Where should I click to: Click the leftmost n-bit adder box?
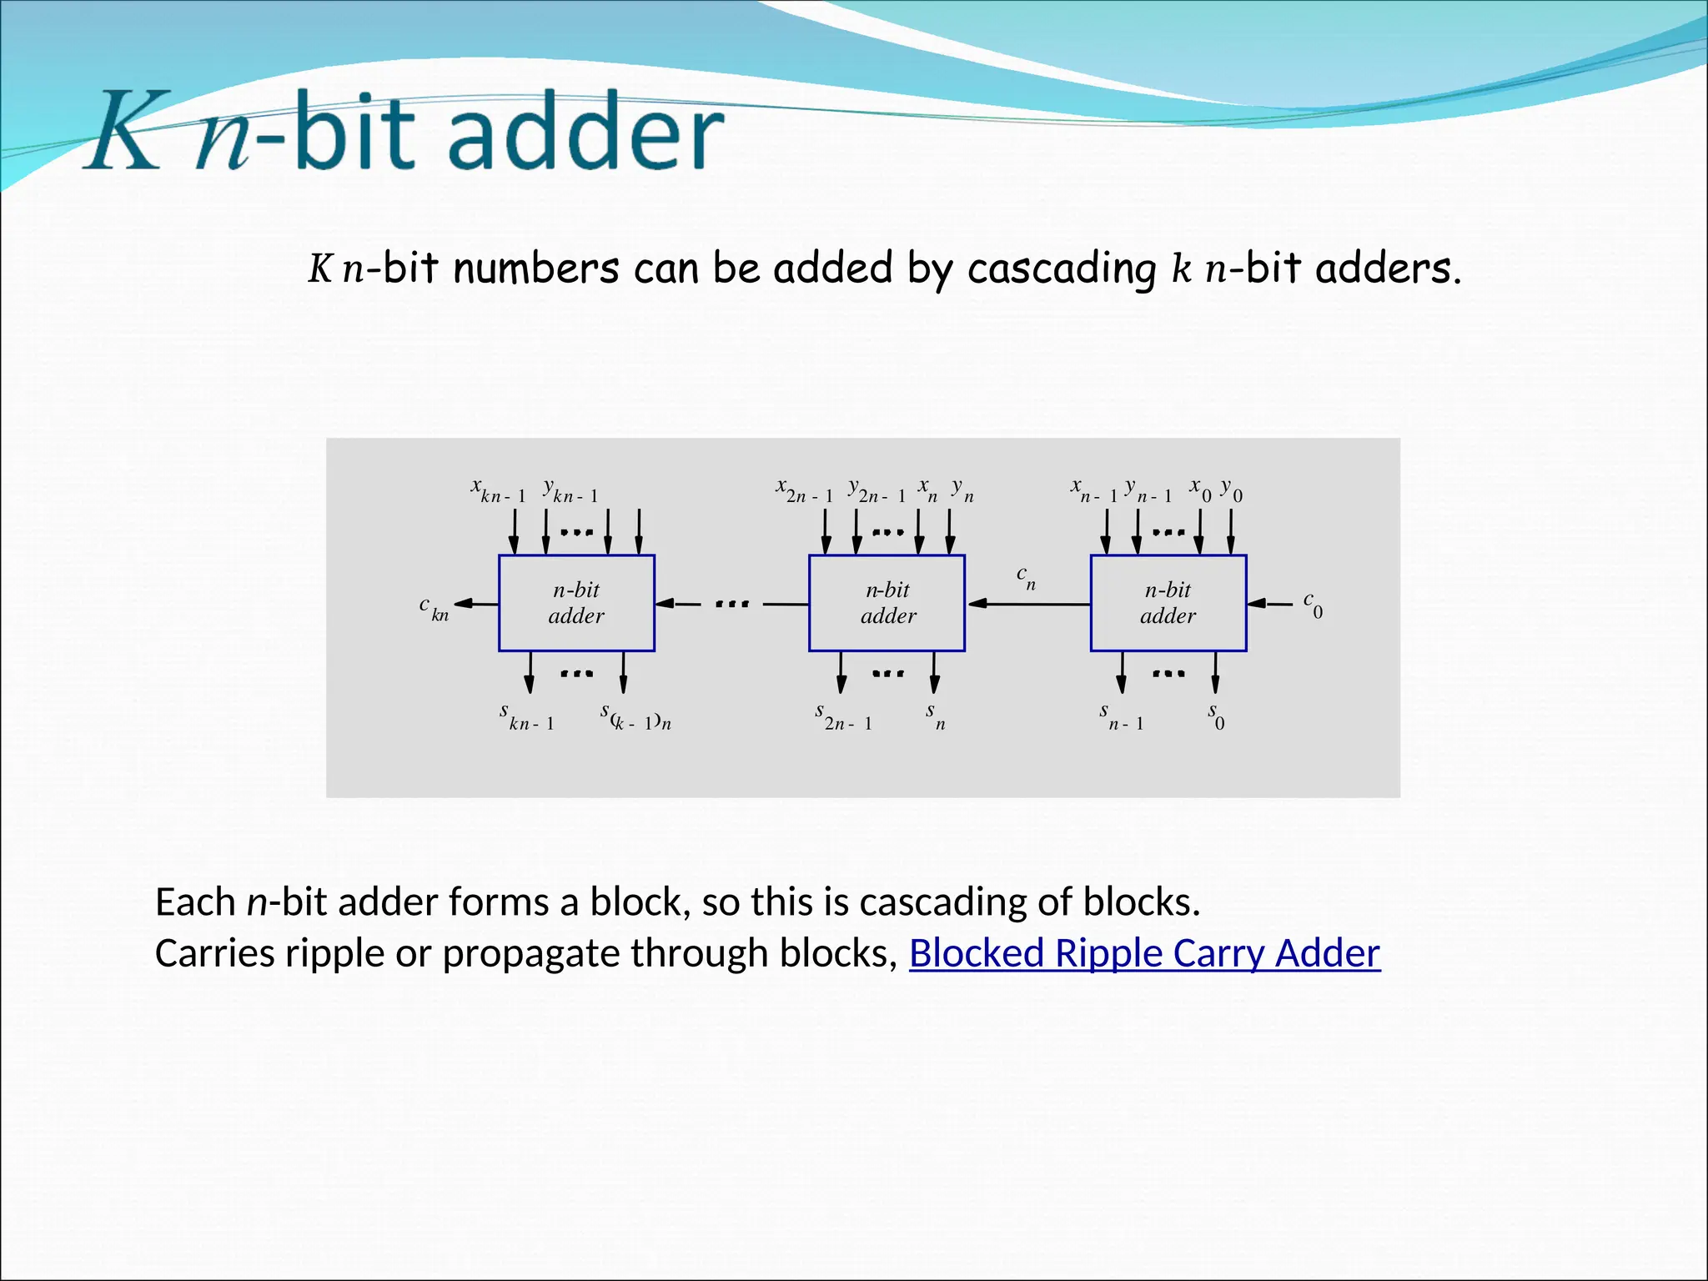click(x=576, y=603)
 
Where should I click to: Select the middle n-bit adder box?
click(x=887, y=603)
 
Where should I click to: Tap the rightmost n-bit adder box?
click(x=1168, y=603)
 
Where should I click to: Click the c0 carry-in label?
click(x=1313, y=605)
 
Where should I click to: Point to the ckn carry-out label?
click(x=434, y=609)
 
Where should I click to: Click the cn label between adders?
click(x=1026, y=577)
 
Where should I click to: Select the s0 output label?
click(x=1216, y=716)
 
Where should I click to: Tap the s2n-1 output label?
click(x=843, y=717)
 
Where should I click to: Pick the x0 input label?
click(x=1200, y=490)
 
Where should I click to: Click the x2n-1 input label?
click(x=804, y=490)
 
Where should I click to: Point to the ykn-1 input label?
click(x=570, y=490)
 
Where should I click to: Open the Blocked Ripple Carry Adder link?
click(x=1144, y=953)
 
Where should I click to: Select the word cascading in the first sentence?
click(x=1062, y=269)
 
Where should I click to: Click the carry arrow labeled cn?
click(x=1027, y=603)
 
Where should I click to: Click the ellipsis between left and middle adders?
click(x=732, y=603)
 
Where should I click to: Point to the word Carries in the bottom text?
click(x=214, y=953)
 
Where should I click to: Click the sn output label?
click(x=934, y=716)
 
